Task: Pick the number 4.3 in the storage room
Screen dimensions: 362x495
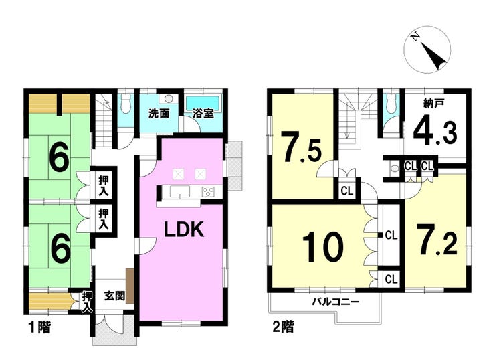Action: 435,132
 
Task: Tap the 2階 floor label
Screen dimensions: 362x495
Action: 283,328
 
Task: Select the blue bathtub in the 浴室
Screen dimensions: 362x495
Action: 203,102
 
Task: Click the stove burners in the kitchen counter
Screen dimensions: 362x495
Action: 207,193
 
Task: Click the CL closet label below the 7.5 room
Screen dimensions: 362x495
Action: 346,191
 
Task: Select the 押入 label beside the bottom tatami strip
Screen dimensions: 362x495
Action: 87,301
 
